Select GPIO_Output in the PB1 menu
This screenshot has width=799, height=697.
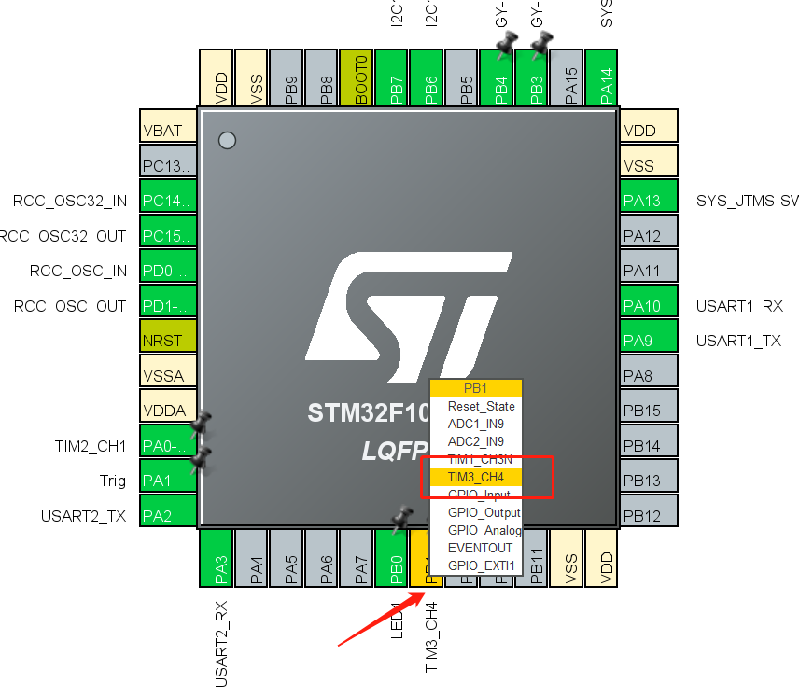484,512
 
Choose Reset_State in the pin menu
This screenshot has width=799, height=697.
481,406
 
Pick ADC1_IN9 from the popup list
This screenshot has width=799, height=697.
476,424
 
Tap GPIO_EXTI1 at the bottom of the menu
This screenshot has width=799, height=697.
481,565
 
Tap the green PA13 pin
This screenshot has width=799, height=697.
648,201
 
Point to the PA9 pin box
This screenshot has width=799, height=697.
648,341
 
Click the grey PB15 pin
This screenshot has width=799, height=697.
648,411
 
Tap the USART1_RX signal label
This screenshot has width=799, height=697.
739,306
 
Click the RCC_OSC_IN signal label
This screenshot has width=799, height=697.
78,272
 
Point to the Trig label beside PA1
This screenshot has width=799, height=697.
112,481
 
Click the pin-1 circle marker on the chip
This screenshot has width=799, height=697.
226,141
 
